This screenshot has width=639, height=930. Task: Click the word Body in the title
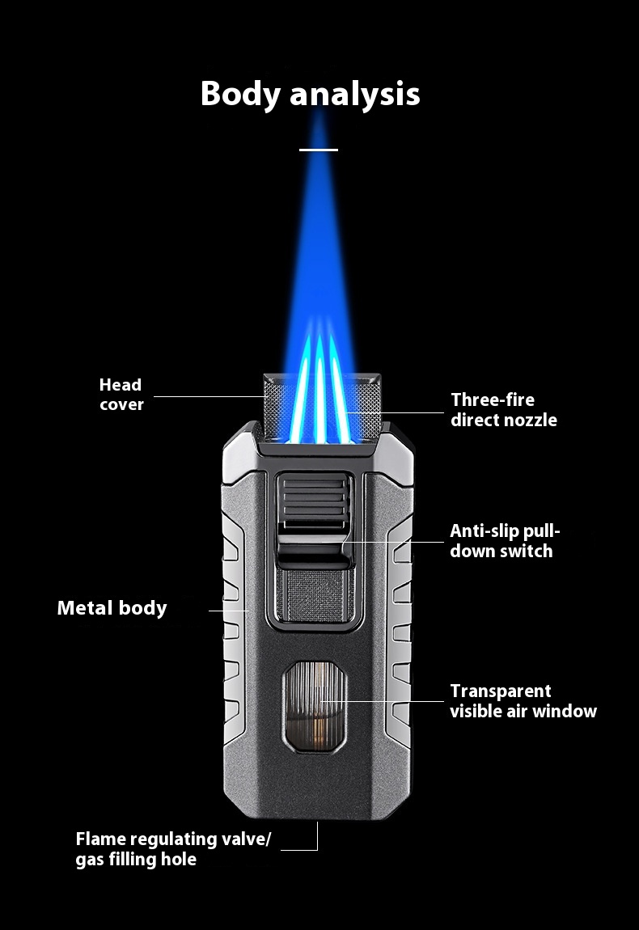pos(240,93)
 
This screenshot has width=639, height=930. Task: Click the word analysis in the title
pos(354,94)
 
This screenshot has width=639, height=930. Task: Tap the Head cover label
pos(121,395)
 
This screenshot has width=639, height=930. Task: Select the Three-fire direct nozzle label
pos(504,409)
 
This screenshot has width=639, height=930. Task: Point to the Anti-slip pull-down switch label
pos(505,541)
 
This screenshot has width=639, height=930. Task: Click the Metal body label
pos(112,608)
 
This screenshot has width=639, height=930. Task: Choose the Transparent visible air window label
pos(523,701)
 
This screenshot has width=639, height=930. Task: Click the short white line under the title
pos(319,150)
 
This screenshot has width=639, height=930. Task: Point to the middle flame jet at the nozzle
pos(319,396)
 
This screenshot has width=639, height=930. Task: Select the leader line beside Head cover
pos(210,396)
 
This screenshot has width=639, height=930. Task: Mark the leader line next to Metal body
pos(229,611)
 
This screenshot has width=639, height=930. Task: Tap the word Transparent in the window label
pos(501,691)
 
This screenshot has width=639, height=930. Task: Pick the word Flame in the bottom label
pos(101,839)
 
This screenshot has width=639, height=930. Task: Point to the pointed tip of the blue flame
pos(319,113)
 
